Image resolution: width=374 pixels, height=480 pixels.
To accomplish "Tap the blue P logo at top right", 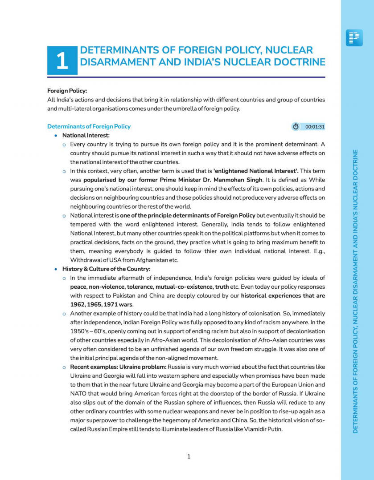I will click(354, 38).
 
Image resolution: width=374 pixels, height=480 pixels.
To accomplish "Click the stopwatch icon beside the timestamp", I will click(296, 127).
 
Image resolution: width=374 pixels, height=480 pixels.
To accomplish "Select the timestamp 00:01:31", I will click(315, 127).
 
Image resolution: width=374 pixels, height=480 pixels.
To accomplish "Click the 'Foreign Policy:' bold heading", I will click(67, 91).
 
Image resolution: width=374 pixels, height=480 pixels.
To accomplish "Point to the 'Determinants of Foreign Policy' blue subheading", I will click(89, 126).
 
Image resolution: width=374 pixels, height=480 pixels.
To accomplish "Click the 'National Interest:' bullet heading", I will click(86, 135).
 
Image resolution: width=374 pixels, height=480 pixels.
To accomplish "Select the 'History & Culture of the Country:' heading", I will click(106, 269).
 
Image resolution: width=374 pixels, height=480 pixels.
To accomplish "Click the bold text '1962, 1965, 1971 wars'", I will click(101, 304).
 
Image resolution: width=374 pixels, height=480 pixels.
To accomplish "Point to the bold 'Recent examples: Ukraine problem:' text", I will click(118, 367).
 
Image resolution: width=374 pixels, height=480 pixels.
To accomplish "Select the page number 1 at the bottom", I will click(189, 456).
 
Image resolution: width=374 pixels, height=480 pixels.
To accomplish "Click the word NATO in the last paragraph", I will click(78, 393).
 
